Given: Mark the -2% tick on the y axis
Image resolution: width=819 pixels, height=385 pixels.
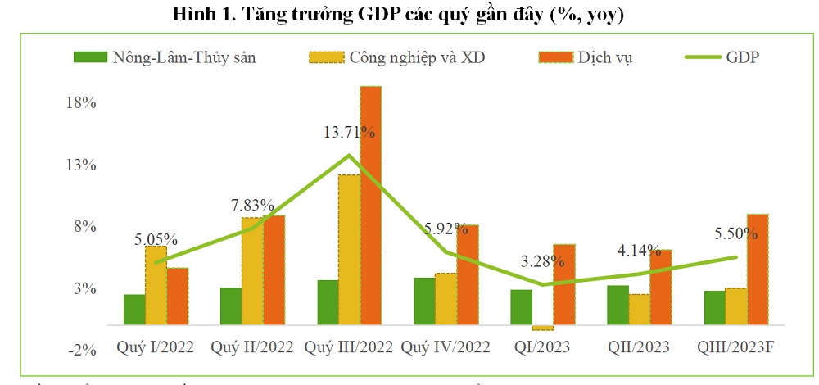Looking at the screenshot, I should tap(83, 350).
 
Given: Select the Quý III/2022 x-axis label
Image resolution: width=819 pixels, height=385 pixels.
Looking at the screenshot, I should tap(349, 347).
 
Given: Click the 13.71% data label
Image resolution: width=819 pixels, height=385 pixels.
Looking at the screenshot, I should tap(348, 132).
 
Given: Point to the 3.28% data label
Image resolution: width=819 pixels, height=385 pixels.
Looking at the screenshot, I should tap(542, 262).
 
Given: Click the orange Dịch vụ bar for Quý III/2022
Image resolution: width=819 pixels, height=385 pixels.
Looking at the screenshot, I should tap(371, 205).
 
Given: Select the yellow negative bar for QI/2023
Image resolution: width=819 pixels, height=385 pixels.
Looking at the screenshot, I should tap(542, 328).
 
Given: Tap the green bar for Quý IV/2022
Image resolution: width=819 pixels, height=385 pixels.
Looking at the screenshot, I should tap(424, 301).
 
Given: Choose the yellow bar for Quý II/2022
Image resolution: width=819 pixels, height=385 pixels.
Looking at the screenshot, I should tap(252, 271).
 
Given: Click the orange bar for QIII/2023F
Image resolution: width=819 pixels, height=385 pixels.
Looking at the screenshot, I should tap(758, 269).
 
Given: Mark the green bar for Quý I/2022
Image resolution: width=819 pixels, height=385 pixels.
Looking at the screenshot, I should tap(134, 310).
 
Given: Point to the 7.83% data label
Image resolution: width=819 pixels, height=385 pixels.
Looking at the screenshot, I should tap(252, 206).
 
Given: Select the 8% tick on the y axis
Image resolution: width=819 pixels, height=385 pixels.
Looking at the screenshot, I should tap(85, 227).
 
